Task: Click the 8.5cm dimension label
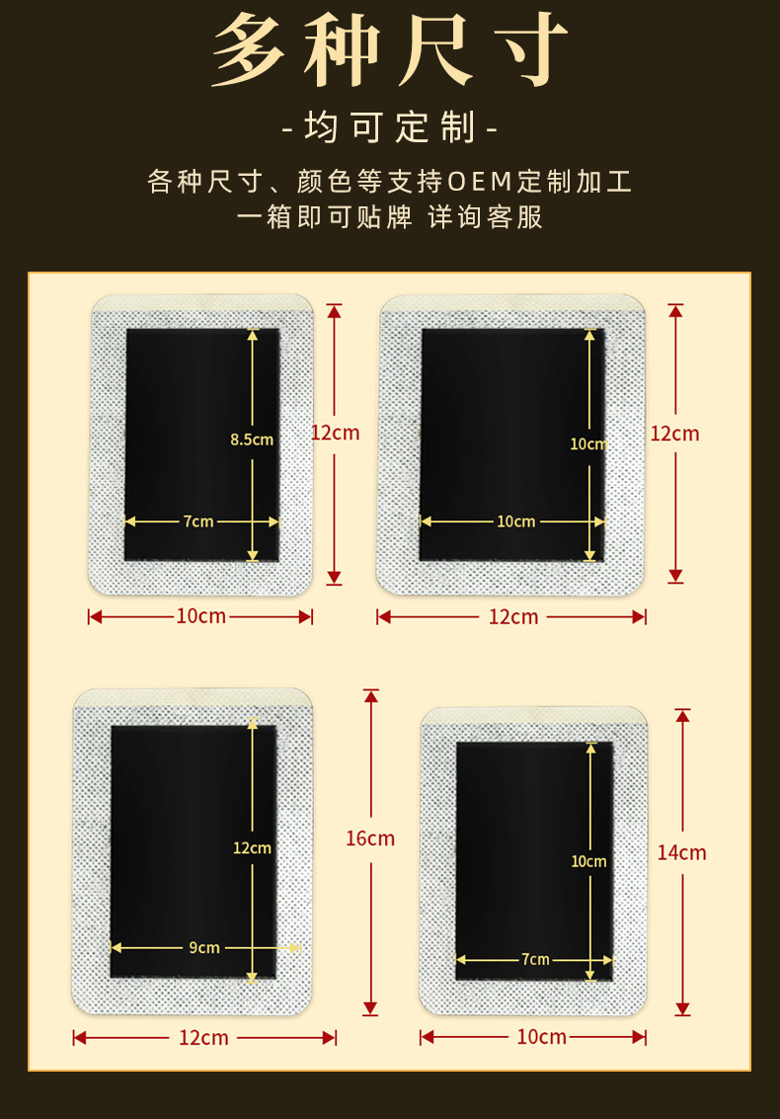click(251, 440)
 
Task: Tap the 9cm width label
click(204, 948)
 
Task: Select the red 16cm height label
click(370, 839)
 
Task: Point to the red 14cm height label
click(682, 852)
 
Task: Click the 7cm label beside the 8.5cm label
click(198, 521)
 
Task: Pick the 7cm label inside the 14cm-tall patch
click(535, 959)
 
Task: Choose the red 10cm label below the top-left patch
click(201, 616)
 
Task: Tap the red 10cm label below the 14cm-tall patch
click(542, 1037)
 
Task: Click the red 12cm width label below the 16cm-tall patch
click(203, 1038)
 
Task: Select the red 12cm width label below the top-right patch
click(513, 617)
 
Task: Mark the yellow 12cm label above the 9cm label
click(252, 847)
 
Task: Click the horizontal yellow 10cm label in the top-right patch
click(515, 521)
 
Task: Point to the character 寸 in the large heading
click(525, 51)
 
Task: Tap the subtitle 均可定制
click(390, 127)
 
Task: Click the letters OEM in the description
click(481, 182)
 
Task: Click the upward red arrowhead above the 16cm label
click(370, 696)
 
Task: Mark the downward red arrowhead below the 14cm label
click(682, 1008)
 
